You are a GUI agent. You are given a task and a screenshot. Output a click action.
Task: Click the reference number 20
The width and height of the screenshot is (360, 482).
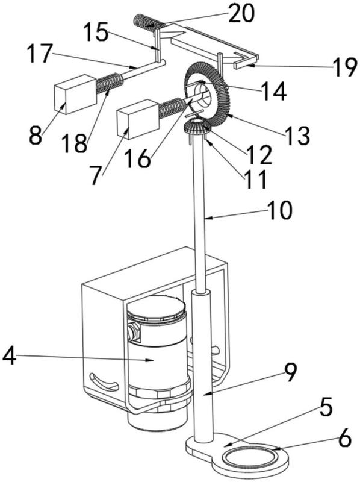click(241, 13)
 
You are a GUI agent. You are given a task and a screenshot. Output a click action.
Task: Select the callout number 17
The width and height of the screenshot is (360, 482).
click(39, 53)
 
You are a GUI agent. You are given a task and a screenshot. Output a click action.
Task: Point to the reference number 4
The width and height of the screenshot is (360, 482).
click(9, 356)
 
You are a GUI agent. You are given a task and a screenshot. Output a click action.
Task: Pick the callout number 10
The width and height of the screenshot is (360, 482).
click(279, 210)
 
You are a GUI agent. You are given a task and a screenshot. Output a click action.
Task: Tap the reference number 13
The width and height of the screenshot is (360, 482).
click(297, 135)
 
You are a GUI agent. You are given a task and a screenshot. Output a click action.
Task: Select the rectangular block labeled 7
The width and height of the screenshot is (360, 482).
click(138, 119)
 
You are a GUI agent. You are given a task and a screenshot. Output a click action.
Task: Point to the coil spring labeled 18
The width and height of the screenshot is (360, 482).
click(109, 83)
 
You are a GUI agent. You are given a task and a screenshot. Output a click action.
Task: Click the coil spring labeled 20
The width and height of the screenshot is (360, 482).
click(149, 23)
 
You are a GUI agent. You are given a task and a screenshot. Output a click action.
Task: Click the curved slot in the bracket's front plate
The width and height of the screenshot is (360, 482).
click(103, 382)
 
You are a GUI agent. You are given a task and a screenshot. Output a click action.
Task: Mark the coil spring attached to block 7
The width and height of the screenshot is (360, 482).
click(172, 108)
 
